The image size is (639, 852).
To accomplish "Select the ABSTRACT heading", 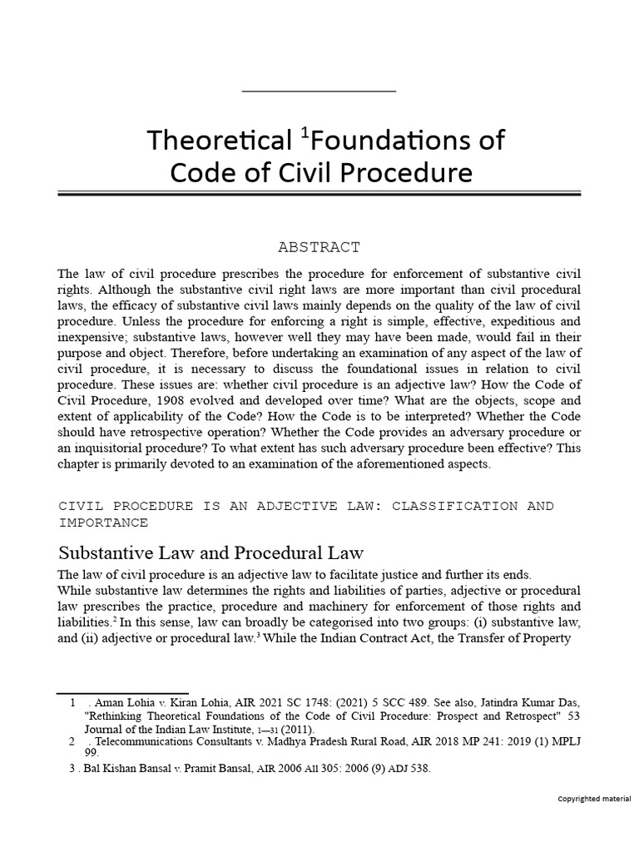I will [x=319, y=247].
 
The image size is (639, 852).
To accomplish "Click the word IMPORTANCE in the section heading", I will [x=103, y=523].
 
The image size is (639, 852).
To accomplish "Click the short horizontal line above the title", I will [x=319, y=89].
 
